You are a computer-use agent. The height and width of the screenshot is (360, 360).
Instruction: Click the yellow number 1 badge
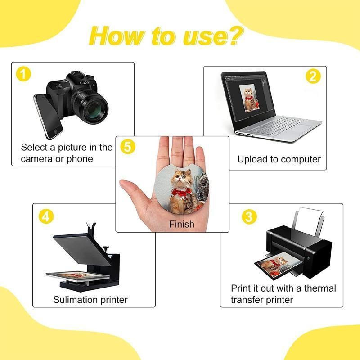tap(23, 74)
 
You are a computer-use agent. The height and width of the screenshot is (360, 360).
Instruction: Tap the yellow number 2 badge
tap(313, 76)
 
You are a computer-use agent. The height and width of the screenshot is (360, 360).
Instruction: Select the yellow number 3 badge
tap(249, 217)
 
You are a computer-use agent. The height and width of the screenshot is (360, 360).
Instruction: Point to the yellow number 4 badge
tap(46, 216)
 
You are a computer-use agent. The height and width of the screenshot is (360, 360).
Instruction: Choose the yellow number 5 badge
tap(128, 147)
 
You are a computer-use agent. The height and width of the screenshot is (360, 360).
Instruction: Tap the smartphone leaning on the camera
tap(48, 116)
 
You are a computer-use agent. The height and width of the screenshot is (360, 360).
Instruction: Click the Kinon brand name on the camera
tap(84, 82)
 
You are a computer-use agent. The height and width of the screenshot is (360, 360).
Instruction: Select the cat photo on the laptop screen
tap(250, 98)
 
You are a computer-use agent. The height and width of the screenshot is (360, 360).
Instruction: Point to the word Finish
tap(182, 224)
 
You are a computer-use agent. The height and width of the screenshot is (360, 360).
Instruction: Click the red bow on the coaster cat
tap(181, 192)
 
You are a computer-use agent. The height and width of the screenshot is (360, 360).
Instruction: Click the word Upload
tap(252, 160)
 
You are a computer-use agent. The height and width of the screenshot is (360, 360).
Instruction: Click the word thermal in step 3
tap(320, 288)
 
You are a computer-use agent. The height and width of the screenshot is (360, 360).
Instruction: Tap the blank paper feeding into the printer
tap(309, 221)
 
